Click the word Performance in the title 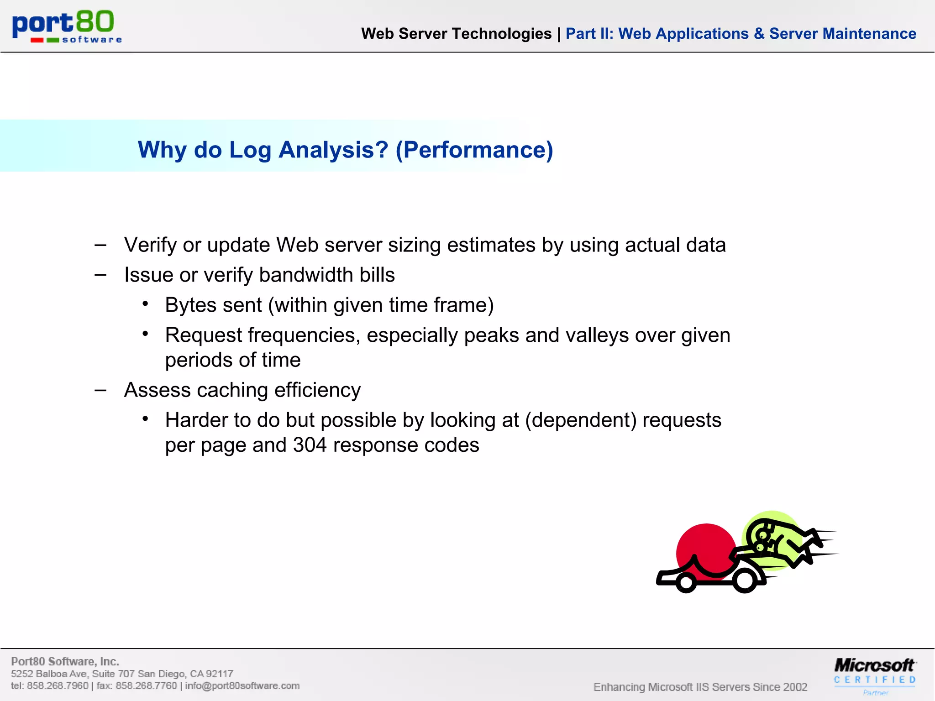(x=474, y=150)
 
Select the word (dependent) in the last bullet (x=581, y=420)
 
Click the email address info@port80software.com (x=242, y=686)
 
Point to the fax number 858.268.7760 (x=146, y=686)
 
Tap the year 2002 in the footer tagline (x=795, y=687)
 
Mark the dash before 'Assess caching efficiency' (x=100, y=390)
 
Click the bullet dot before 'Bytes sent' (x=145, y=304)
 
